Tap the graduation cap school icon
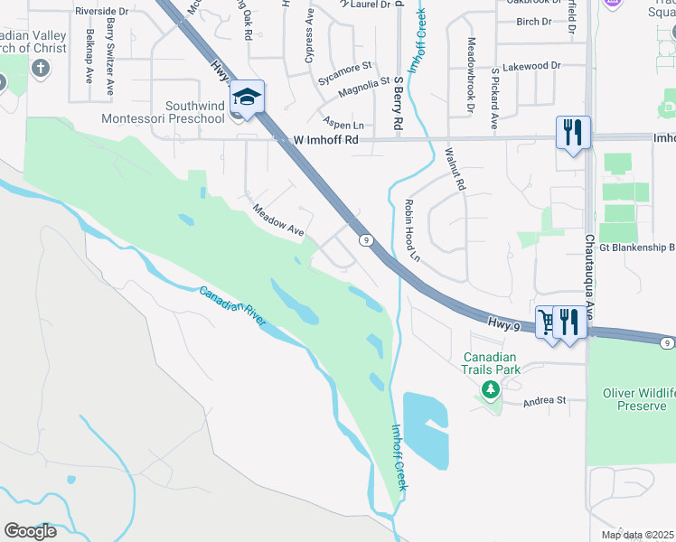pyautogui.click(x=247, y=95)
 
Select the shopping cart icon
pyautogui.click(x=547, y=321)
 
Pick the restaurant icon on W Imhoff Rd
pyautogui.click(x=573, y=132)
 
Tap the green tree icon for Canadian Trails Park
pyautogui.click(x=490, y=389)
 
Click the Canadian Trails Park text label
pyautogui.click(x=493, y=363)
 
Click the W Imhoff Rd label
pyautogui.click(x=326, y=140)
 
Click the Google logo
pyautogui.click(x=30, y=531)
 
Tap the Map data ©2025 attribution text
pyautogui.click(x=637, y=535)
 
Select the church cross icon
pyautogui.click(x=41, y=69)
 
